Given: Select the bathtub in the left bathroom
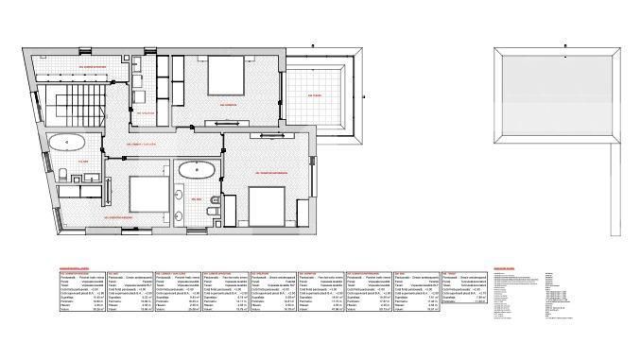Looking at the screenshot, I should (67, 144).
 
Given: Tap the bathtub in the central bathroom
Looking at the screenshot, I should (196, 172).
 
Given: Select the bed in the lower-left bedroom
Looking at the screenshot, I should (145, 193).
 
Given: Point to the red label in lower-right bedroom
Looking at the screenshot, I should (270, 172).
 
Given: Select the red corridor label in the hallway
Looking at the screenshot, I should (142, 145).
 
